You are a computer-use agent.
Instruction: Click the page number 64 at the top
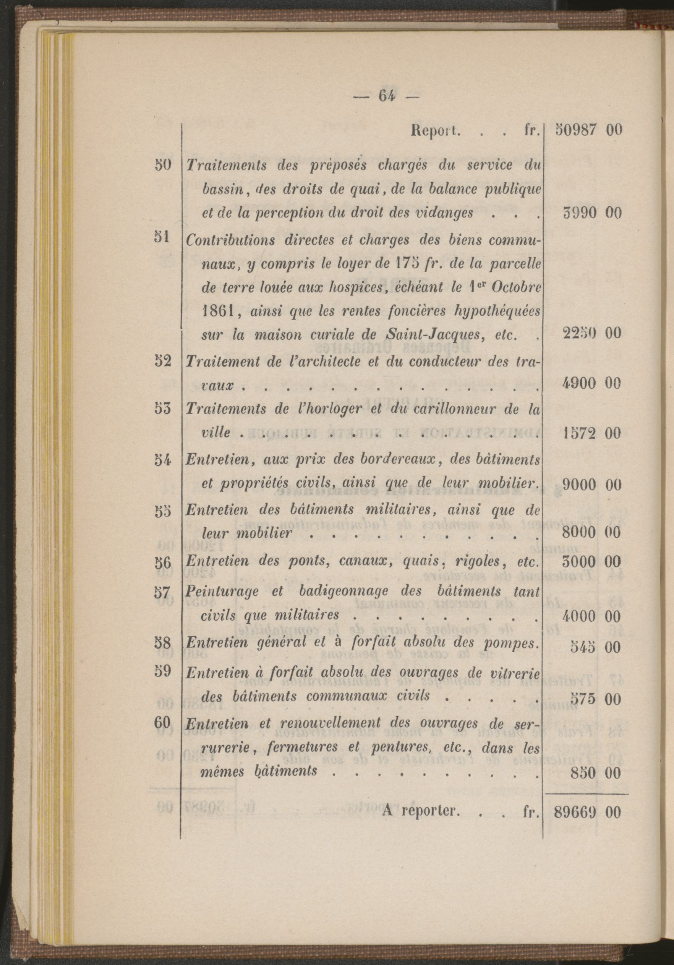(x=387, y=97)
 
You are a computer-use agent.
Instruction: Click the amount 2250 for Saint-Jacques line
(x=579, y=334)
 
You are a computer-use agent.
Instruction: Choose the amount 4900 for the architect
(x=579, y=383)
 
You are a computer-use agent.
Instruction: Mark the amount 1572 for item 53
(x=579, y=433)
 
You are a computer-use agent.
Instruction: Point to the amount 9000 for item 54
(x=579, y=485)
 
